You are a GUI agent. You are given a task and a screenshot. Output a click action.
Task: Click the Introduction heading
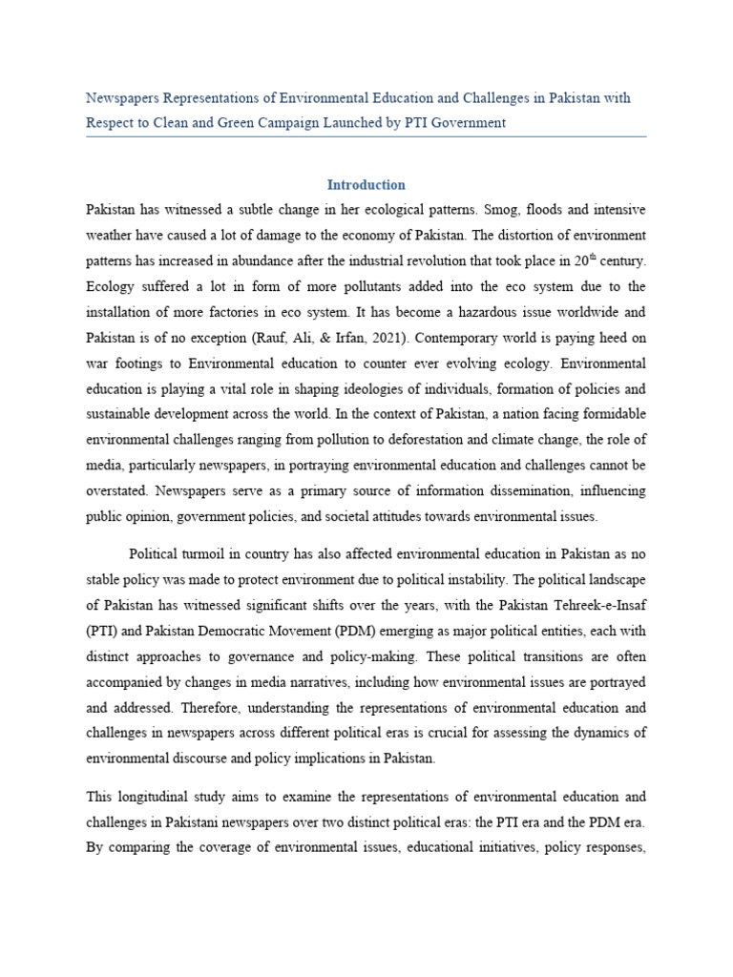[366, 184]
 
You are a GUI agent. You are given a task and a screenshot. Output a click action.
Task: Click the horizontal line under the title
[366, 136]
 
